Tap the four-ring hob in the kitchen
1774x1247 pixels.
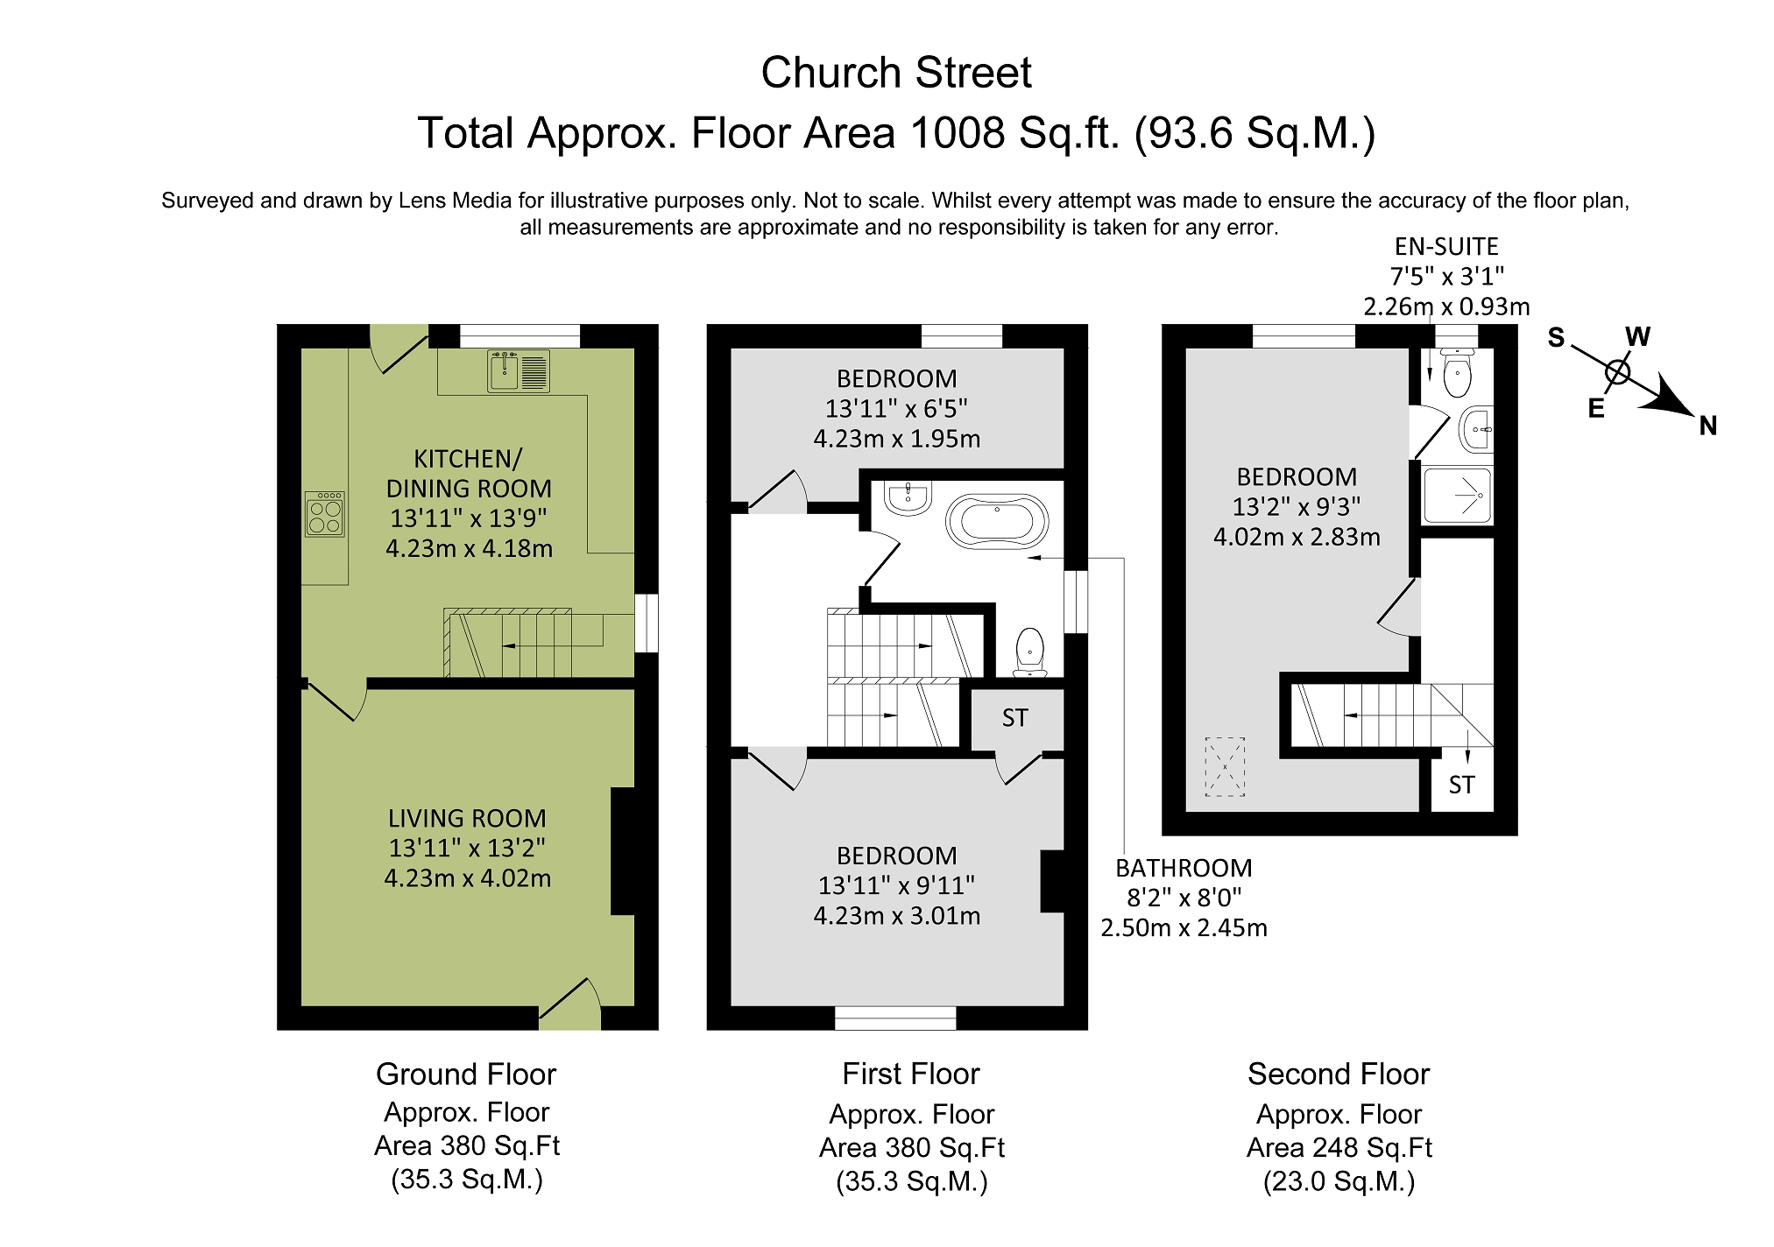click(324, 514)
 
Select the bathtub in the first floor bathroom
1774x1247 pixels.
click(997, 523)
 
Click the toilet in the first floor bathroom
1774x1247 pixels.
click(1029, 652)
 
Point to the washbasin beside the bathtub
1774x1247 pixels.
click(908, 498)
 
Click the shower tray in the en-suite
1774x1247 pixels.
click(1457, 496)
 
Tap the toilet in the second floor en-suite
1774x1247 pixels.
click(1456, 375)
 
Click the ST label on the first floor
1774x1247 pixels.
click(1014, 719)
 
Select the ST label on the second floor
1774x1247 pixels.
click(1460, 786)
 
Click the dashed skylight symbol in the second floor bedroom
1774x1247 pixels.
click(1225, 767)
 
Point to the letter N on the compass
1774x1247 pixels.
click(1707, 426)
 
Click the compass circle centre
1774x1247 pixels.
click(1617, 372)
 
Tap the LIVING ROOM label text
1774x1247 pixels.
click(467, 819)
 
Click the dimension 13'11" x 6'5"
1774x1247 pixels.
click(896, 409)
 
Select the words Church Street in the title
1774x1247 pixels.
click(895, 73)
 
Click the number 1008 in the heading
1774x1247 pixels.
click(957, 134)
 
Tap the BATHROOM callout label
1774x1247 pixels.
click(1183, 869)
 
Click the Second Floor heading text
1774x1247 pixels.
click(1338, 1074)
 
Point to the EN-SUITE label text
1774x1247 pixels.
click(1446, 247)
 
